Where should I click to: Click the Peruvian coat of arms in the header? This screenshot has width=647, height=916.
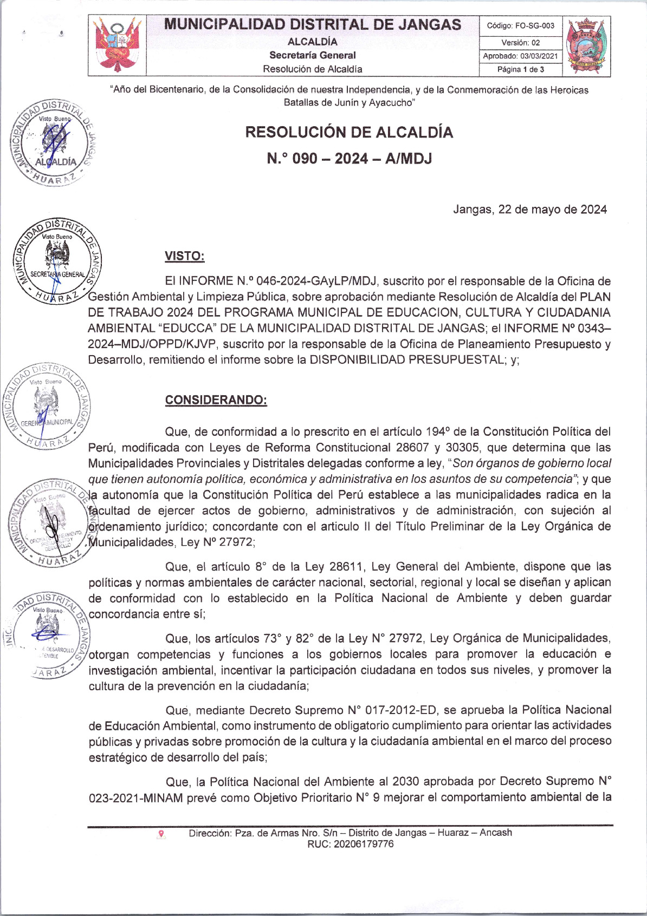118,45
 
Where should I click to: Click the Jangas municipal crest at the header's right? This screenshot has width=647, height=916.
587,46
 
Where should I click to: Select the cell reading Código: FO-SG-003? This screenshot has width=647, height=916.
520,25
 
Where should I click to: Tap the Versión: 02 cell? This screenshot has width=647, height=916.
520,42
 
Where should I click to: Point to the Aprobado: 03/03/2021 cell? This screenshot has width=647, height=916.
520,56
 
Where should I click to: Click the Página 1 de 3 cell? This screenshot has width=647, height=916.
520,69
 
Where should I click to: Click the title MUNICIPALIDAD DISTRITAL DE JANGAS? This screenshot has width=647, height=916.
313,24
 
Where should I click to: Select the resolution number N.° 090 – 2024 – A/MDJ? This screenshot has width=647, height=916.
349,159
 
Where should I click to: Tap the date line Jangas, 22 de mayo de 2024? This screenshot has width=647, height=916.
529,210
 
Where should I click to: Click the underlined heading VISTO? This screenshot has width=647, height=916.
185,256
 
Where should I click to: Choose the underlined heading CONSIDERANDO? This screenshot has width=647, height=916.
216,400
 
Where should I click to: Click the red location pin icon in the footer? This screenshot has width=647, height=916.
161,834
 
